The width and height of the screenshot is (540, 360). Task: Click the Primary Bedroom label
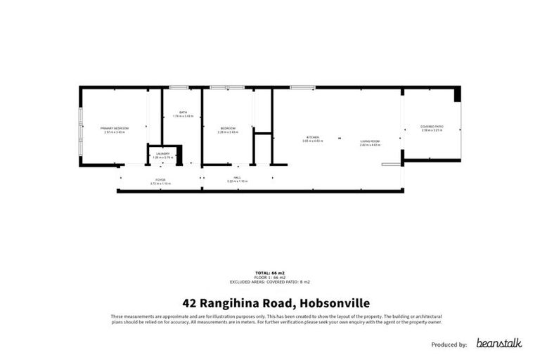coord(113,129)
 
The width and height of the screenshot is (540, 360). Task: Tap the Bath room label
coord(183,113)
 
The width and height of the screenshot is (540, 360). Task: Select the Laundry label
coord(162,154)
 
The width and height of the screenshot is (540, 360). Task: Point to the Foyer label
coord(160,181)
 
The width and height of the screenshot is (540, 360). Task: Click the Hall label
coord(237,179)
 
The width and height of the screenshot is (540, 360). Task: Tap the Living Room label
coord(370,143)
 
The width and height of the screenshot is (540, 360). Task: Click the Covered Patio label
coord(432,127)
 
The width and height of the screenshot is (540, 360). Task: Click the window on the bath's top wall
coord(179,87)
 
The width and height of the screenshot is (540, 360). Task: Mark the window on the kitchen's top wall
coord(302,87)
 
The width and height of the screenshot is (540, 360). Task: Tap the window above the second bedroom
coord(226,87)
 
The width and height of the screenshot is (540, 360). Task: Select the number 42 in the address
coord(189,304)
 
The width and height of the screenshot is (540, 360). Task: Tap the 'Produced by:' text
coord(448,345)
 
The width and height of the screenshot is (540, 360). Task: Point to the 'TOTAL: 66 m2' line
coord(269,272)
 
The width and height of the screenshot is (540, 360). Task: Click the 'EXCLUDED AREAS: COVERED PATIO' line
coord(269,281)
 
